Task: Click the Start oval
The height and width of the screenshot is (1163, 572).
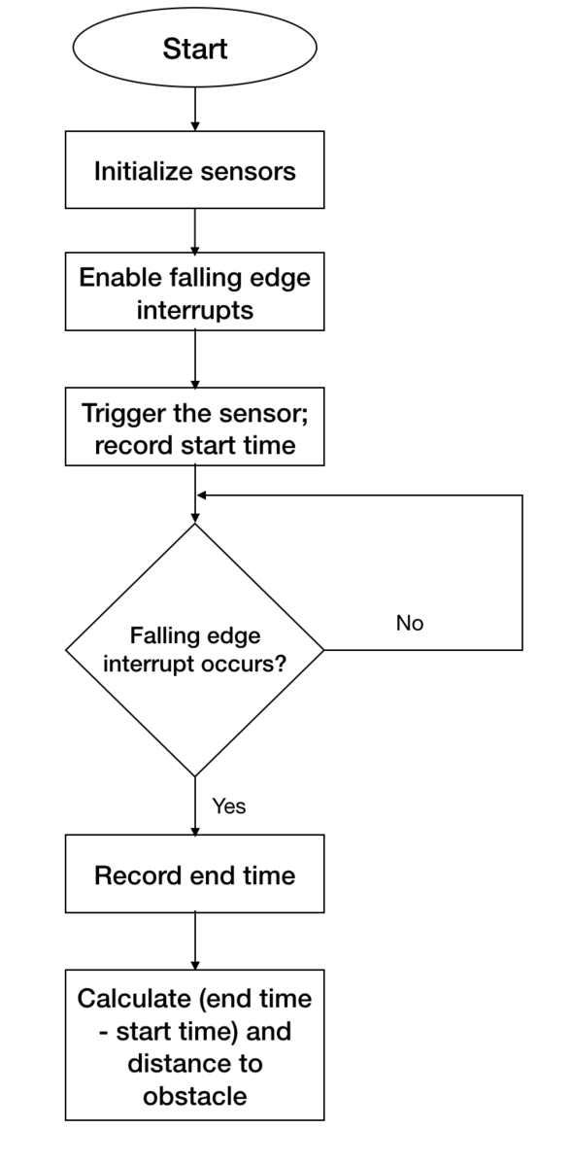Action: pyautogui.click(x=195, y=48)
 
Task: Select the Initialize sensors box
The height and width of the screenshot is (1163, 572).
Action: pyautogui.click(x=195, y=170)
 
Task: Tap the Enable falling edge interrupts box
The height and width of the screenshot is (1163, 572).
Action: pyautogui.click(x=195, y=291)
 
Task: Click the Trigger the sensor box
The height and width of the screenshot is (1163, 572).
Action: pyautogui.click(x=195, y=427)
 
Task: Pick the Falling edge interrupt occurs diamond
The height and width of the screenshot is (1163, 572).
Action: pyautogui.click(x=195, y=650)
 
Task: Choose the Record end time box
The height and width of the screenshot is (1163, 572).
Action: pyautogui.click(x=195, y=873)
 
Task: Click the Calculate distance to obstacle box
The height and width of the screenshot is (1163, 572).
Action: pyautogui.click(x=195, y=1044)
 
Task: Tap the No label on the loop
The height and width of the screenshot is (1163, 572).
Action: pyautogui.click(x=410, y=623)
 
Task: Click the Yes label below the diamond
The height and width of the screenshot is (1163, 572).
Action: pyautogui.click(x=229, y=806)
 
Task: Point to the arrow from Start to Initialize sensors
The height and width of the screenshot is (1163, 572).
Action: pyautogui.click(x=195, y=109)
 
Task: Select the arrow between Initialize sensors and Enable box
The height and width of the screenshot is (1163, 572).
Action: pyautogui.click(x=195, y=230)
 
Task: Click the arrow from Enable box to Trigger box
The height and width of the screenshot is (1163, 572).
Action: pyautogui.click(x=195, y=359)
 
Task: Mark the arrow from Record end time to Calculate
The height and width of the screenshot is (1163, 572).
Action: pyautogui.click(x=195, y=941)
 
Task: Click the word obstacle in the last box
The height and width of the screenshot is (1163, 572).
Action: pyautogui.click(x=195, y=1096)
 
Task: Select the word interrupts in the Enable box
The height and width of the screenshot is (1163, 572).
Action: pyautogui.click(x=195, y=310)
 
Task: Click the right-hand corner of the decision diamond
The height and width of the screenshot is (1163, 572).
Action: pyautogui.click(x=323, y=650)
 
